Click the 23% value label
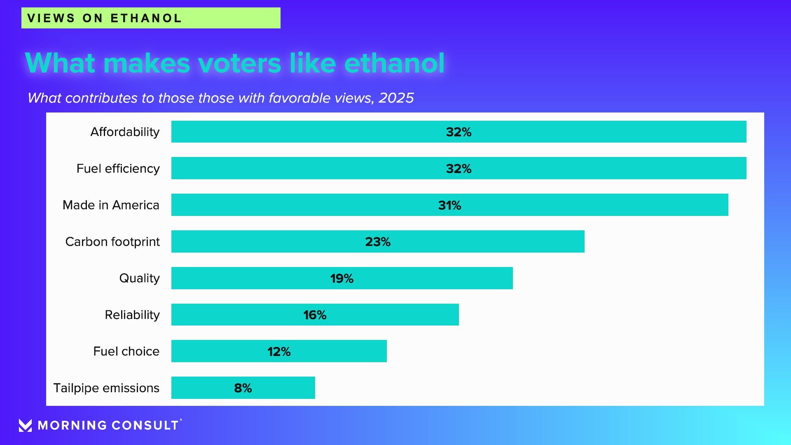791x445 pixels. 378,242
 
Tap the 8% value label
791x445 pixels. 243,388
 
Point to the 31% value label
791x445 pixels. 449,205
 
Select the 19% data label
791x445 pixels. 342,279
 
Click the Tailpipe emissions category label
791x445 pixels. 106,388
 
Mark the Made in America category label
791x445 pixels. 111,205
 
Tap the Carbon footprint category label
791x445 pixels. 112,242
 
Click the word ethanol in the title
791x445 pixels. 394,63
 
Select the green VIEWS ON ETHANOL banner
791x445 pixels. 151,18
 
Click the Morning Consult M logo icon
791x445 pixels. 25,425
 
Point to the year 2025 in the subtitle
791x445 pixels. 396,98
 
